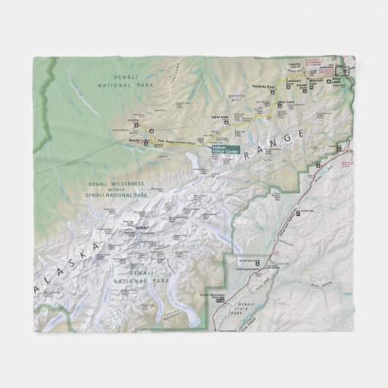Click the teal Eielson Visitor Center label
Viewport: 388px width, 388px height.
(225, 149)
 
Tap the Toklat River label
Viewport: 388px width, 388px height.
(220, 116)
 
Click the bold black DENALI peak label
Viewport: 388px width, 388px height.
(142, 228)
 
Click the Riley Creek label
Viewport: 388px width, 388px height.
(336, 82)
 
